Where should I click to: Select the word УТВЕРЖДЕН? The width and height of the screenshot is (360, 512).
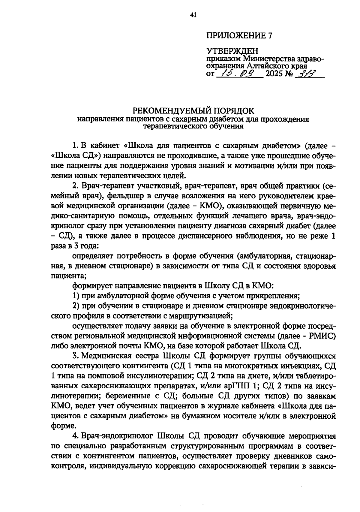pyautogui.click(x=232, y=51)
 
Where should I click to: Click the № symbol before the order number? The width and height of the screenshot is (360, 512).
pyautogui.click(x=290, y=73)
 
